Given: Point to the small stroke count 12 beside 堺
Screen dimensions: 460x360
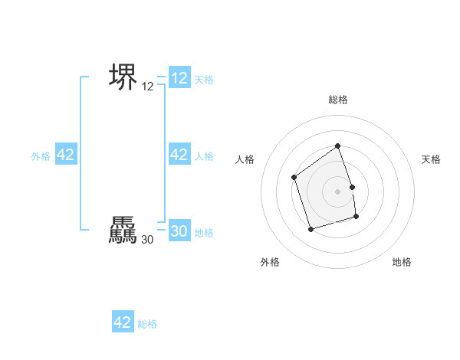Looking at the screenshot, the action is click(148, 87).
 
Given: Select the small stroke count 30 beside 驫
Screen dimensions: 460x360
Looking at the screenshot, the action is click(148, 240).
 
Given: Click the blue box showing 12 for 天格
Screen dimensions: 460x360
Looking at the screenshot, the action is click(179, 78).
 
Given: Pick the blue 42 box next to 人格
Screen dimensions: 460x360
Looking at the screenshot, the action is click(179, 155).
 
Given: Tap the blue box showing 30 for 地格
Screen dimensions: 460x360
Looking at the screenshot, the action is click(179, 231).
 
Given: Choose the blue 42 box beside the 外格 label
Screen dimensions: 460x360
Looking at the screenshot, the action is click(66, 155).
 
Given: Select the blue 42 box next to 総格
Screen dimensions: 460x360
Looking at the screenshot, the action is click(123, 322).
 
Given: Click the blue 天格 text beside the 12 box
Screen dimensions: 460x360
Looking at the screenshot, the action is click(204, 79).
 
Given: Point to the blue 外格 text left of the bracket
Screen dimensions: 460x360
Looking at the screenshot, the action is click(41, 155).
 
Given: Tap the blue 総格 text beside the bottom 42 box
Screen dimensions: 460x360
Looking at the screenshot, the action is click(147, 324).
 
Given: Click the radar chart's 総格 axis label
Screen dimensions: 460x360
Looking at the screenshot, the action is click(338, 100).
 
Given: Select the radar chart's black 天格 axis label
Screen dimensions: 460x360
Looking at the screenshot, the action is click(432, 159).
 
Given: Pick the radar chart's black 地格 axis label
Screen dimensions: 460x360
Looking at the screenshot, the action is click(402, 262).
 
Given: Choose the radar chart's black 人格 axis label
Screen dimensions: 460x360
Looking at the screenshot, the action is click(245, 159).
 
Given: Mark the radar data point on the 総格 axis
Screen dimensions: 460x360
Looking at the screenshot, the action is click(337, 146).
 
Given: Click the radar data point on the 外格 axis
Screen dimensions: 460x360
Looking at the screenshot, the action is click(310, 229).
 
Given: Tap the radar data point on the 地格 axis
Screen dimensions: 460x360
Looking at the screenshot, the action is click(356, 218).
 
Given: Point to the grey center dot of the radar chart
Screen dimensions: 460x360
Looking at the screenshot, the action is click(338, 191).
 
